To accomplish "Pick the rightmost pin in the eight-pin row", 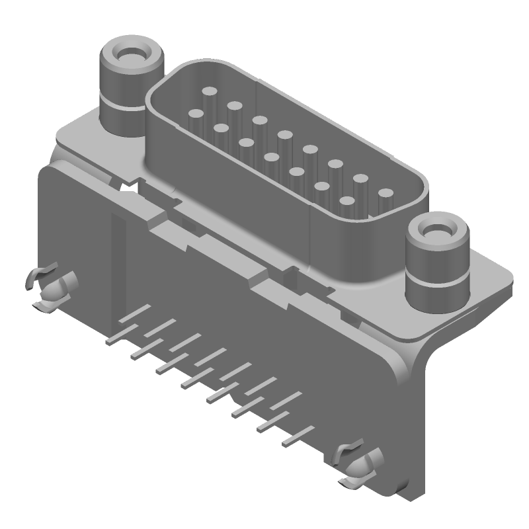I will (385, 193).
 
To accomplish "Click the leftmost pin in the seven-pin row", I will (196, 114).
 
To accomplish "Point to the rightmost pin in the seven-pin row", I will (347, 200).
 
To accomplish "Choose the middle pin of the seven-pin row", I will (271, 157).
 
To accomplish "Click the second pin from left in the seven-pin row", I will (221, 128).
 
